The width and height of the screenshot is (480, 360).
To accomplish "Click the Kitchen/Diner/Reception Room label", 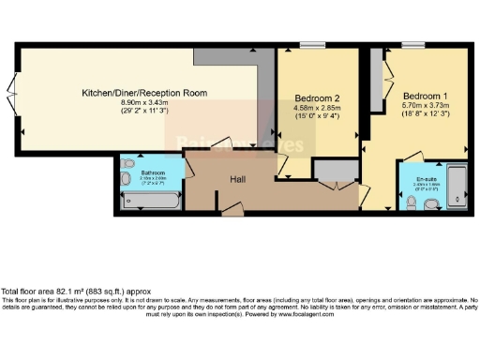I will click(x=143, y=93).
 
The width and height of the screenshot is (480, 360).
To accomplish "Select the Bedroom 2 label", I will click(x=316, y=97).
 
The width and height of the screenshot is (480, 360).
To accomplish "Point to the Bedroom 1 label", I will click(x=426, y=97).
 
